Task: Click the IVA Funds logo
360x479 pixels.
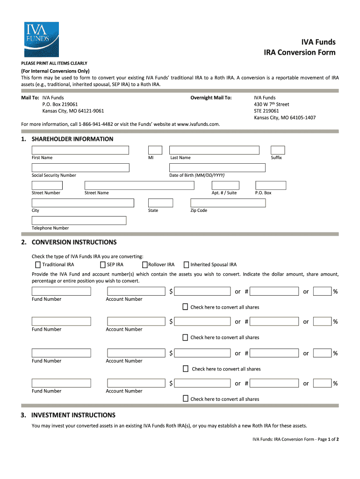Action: (x=37, y=39)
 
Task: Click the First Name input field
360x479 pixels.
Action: (x=80, y=150)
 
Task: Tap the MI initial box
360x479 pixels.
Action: (x=155, y=150)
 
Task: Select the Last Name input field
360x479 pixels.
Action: (x=214, y=150)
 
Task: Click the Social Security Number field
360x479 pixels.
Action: (x=80, y=167)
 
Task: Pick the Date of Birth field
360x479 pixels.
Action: (x=217, y=167)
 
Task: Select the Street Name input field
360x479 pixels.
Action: (x=139, y=185)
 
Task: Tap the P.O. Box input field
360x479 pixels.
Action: (x=271, y=185)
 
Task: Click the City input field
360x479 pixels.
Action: (x=83, y=203)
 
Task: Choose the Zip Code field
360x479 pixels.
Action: (x=228, y=203)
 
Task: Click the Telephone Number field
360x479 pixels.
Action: (x=79, y=220)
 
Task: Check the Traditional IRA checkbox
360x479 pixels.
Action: (x=38, y=265)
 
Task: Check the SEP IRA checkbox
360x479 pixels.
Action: (x=103, y=265)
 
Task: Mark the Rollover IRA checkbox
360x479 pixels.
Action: (x=145, y=265)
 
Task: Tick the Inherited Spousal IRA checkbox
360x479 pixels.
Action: (x=187, y=265)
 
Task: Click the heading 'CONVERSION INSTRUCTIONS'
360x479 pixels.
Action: (x=74, y=242)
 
